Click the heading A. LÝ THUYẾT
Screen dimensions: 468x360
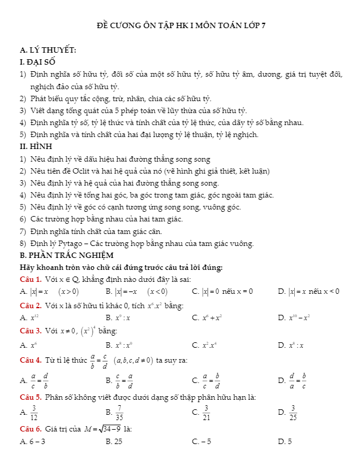click(x=48, y=51)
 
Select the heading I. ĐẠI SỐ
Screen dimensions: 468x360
click(x=38, y=62)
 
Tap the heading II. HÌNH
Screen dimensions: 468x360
click(x=36, y=146)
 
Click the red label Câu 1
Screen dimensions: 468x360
click(x=30, y=279)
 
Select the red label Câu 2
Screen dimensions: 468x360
click(x=30, y=306)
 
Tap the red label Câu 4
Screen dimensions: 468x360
click(x=30, y=360)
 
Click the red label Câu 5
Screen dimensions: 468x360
click(x=30, y=397)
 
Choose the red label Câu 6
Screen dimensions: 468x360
click(x=30, y=429)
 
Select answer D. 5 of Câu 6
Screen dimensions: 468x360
click(x=285, y=442)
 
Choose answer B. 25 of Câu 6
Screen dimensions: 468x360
click(x=114, y=442)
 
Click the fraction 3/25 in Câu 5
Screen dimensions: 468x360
click(x=293, y=412)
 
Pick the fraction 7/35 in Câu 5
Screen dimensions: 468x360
click(x=120, y=412)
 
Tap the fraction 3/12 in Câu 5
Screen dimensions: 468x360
click(x=34, y=412)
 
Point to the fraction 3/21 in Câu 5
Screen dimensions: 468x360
click(x=206, y=412)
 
